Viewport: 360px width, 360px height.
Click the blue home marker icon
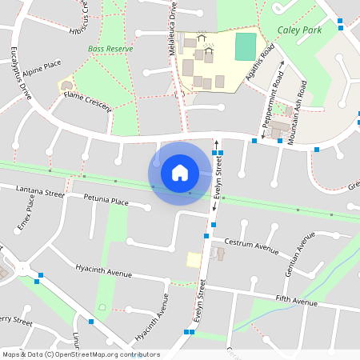coord(180,172)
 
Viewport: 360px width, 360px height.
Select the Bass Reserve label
coord(110,49)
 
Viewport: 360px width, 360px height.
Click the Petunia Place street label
coord(103,202)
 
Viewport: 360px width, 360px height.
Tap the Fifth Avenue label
coord(296,302)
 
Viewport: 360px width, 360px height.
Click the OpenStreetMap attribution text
coord(80,354)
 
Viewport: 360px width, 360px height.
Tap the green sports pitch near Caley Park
coord(246,45)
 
